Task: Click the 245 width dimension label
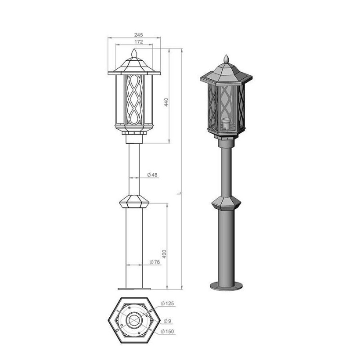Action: point(139,35)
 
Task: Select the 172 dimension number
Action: point(139,42)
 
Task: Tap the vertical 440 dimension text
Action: point(166,102)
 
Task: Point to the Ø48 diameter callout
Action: point(152,175)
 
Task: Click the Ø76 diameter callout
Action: point(154,262)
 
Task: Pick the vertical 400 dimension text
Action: point(164,253)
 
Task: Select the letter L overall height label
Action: point(180,193)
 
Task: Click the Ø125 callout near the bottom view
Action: point(167,303)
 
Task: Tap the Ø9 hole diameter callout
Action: point(167,321)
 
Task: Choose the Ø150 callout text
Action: point(167,332)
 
